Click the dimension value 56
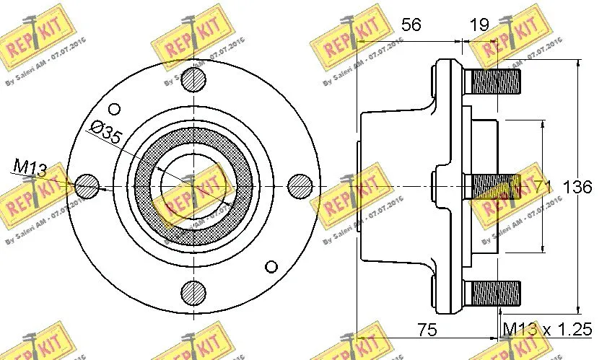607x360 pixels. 411,25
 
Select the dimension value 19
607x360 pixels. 478,25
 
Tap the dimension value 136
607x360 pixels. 577,187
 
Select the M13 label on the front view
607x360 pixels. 30,168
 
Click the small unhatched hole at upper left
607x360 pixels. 113,108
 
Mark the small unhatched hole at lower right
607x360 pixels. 271,264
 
